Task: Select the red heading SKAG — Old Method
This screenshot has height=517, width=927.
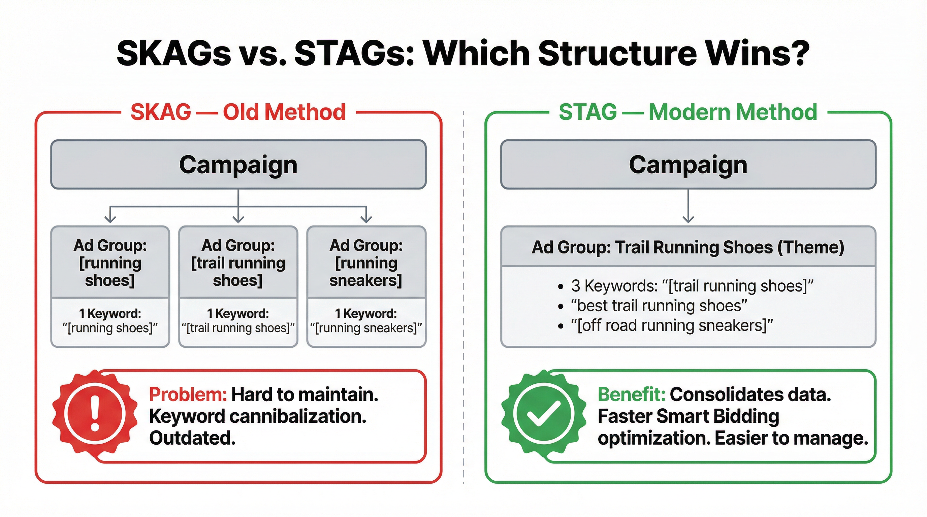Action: [238, 112]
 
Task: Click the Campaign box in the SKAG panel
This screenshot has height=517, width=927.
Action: [238, 165]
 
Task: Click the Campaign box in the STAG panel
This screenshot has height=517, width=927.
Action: [688, 165]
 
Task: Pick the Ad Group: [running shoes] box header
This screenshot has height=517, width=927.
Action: [110, 263]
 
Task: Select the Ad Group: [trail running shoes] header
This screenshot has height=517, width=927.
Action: [238, 263]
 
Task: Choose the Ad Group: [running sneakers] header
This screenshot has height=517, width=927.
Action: [366, 263]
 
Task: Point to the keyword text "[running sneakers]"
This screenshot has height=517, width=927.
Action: [366, 328]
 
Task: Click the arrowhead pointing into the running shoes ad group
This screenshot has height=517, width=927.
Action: [110, 218]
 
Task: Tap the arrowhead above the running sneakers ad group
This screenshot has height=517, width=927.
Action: [366, 218]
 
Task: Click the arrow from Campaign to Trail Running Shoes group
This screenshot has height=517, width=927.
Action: [688, 207]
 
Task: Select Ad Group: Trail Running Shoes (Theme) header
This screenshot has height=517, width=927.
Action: [688, 247]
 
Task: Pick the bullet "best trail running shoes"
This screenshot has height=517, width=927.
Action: [659, 306]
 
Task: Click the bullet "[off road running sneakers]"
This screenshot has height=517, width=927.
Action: [671, 325]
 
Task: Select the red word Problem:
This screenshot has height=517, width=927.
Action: [188, 394]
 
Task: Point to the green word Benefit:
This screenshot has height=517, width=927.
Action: [631, 394]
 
